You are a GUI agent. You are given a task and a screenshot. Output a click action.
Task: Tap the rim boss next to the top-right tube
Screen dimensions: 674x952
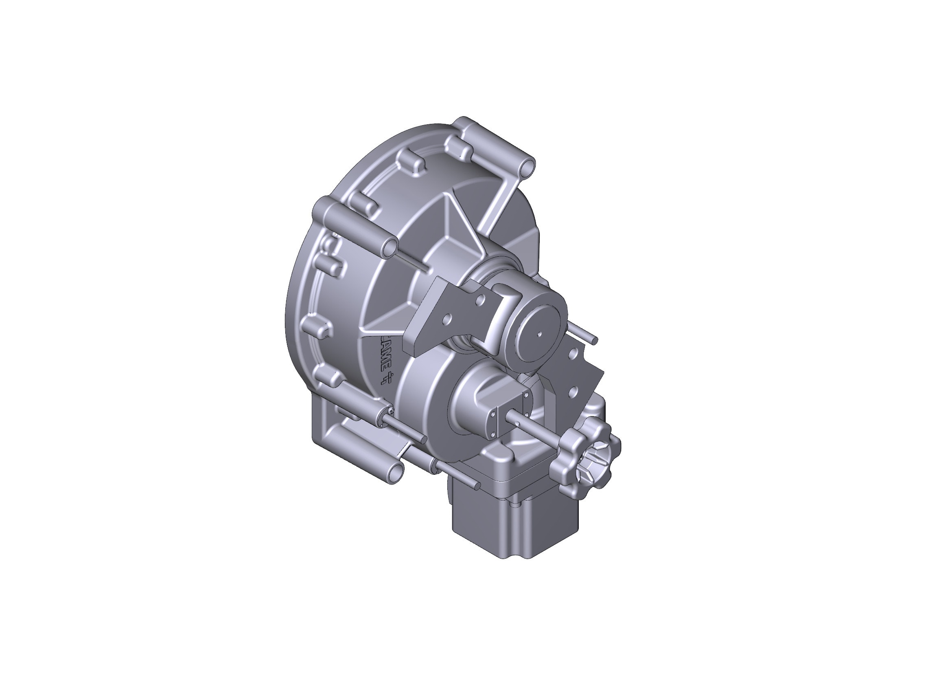pos(459,148)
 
